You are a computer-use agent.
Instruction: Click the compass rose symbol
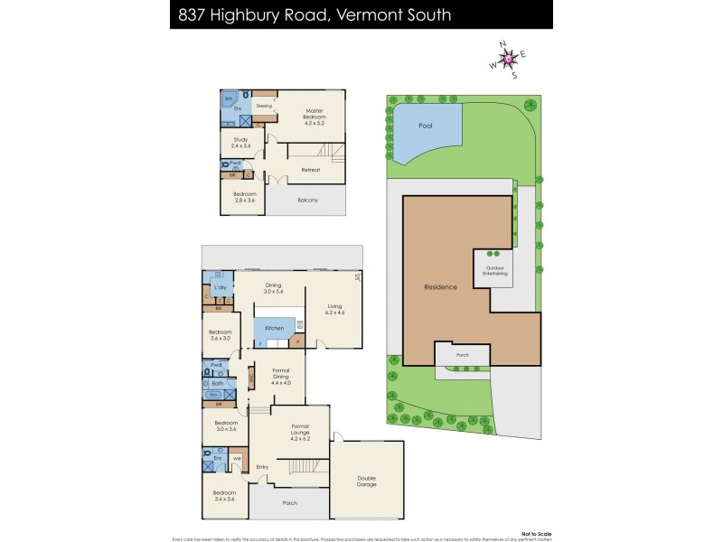[509, 60]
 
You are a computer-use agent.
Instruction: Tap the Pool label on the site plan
[426, 126]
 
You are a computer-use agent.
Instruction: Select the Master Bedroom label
[315, 115]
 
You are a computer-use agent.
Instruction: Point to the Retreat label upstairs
[311, 169]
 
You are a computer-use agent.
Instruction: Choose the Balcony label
[307, 200]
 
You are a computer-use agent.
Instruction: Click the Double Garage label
[367, 480]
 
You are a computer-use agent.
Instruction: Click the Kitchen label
[275, 328]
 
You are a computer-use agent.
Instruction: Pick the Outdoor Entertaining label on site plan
[494, 271]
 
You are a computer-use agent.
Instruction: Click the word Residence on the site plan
[441, 287]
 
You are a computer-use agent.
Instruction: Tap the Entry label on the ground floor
[262, 466]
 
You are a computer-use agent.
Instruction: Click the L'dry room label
[220, 287]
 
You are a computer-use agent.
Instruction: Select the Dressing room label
[264, 106]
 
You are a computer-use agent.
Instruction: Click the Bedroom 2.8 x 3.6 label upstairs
[244, 196]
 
